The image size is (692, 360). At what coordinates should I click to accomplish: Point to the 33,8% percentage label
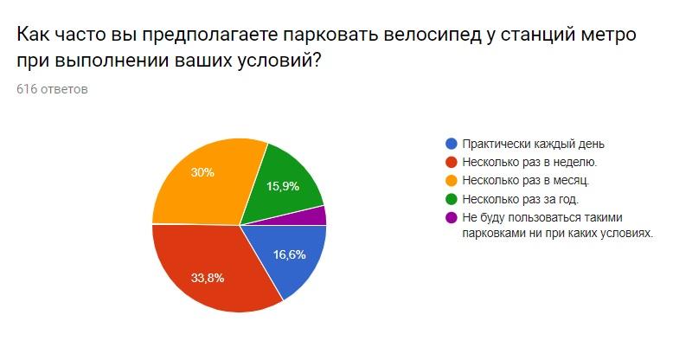tap(208, 278)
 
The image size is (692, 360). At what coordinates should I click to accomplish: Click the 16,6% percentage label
tap(290, 254)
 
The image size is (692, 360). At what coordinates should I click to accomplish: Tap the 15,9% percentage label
tap(283, 186)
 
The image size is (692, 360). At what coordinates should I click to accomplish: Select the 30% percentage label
tap(202, 172)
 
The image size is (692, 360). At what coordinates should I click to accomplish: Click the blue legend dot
tap(451, 144)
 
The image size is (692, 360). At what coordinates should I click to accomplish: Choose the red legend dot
tap(451, 163)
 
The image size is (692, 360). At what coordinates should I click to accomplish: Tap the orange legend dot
tap(451, 181)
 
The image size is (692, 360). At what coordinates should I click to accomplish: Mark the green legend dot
tap(451, 199)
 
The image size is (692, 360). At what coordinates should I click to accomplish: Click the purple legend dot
tap(451, 218)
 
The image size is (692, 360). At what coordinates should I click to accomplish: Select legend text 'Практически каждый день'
tap(533, 144)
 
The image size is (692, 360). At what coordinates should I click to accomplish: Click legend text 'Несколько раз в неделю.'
tap(529, 163)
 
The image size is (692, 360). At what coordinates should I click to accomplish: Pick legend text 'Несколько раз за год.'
tap(521, 199)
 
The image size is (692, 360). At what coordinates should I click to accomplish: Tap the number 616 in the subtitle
tap(27, 89)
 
